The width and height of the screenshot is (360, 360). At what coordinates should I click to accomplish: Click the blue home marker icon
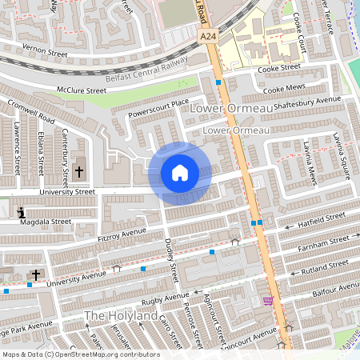pyautogui.click(x=180, y=173)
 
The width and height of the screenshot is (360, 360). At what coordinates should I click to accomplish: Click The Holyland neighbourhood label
pyautogui.click(x=121, y=317)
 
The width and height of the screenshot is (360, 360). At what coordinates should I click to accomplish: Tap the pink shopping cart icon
pyautogui.click(x=267, y=301)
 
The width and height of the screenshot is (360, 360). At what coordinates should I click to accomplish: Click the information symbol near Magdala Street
pyautogui.click(x=20, y=212)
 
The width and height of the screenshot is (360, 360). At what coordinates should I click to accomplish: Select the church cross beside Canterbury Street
pyautogui.click(x=78, y=171)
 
